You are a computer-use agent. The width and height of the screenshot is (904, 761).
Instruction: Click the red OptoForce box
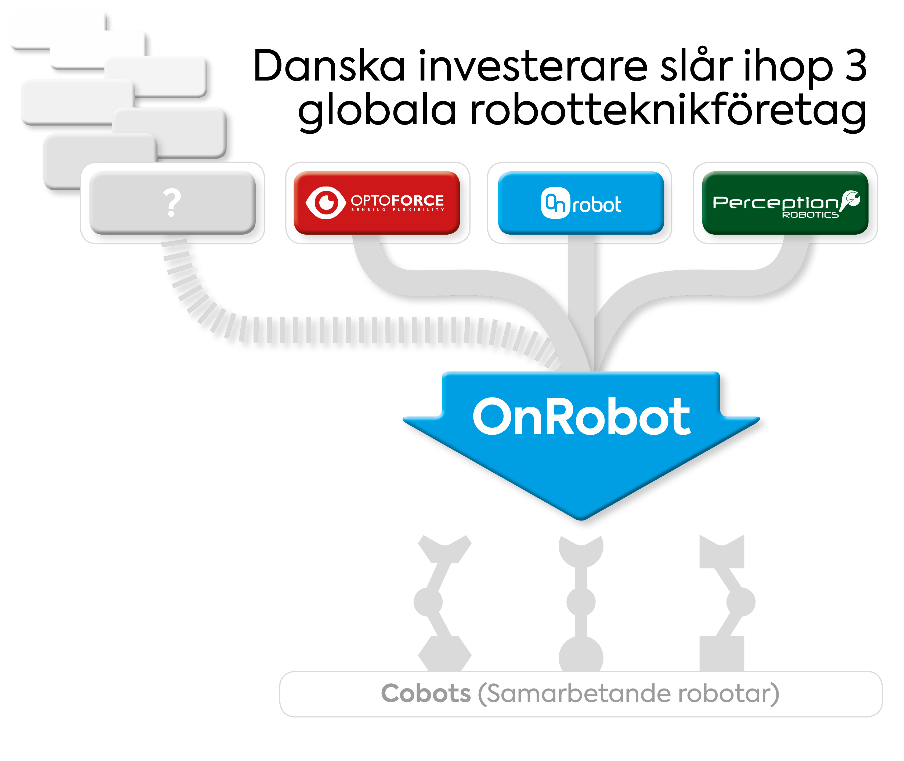pos(377,203)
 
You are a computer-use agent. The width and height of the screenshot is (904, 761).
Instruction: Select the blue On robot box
pos(581,203)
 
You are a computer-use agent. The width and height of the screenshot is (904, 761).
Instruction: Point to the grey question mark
pos(172,202)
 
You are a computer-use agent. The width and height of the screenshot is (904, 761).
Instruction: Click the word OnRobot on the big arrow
pos(581,416)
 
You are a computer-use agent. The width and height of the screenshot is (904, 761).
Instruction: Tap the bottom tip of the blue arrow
pos(581,520)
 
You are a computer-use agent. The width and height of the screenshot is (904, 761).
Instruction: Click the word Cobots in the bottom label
pos(426,693)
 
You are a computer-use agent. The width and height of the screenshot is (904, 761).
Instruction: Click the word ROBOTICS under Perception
pos(810,215)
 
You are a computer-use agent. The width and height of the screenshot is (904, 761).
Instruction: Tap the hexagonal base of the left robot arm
pos(445,654)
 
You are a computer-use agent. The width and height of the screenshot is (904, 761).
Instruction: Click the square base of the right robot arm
pos(722,654)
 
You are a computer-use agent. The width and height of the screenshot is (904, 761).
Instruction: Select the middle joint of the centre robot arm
pos(581,602)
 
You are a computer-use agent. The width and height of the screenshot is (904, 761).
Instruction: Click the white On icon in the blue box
pos(556,203)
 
